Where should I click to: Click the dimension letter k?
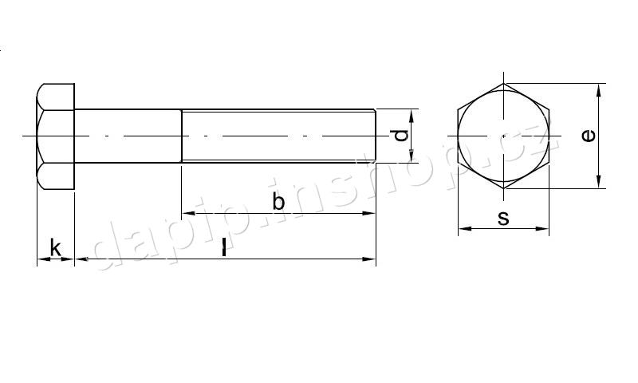[x=55, y=248]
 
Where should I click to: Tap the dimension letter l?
[x=224, y=247]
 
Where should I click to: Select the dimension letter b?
[x=278, y=201]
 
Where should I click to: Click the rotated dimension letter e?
[x=589, y=136]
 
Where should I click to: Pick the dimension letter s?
[x=503, y=219]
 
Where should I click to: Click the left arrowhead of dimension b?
[x=187, y=213]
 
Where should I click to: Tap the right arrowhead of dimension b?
[x=368, y=213]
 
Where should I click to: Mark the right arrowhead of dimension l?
[x=368, y=259]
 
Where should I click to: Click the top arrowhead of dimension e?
[x=599, y=90]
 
